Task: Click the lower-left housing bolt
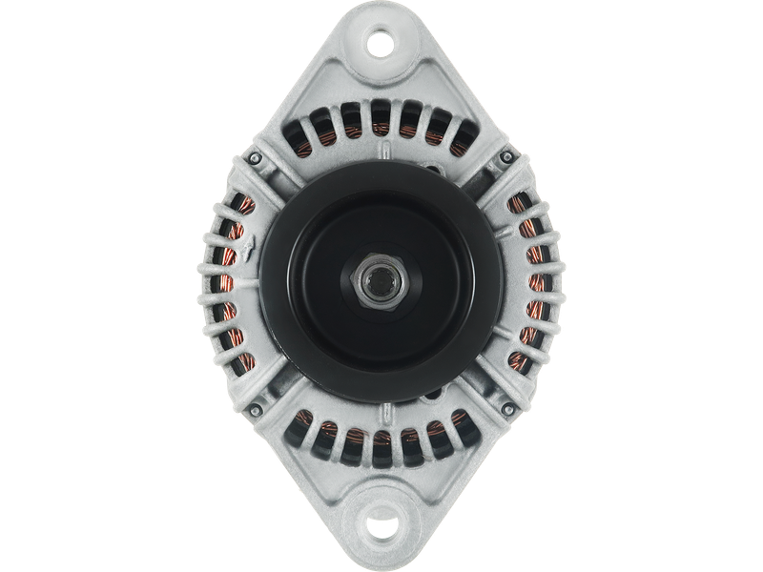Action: (255, 410)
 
